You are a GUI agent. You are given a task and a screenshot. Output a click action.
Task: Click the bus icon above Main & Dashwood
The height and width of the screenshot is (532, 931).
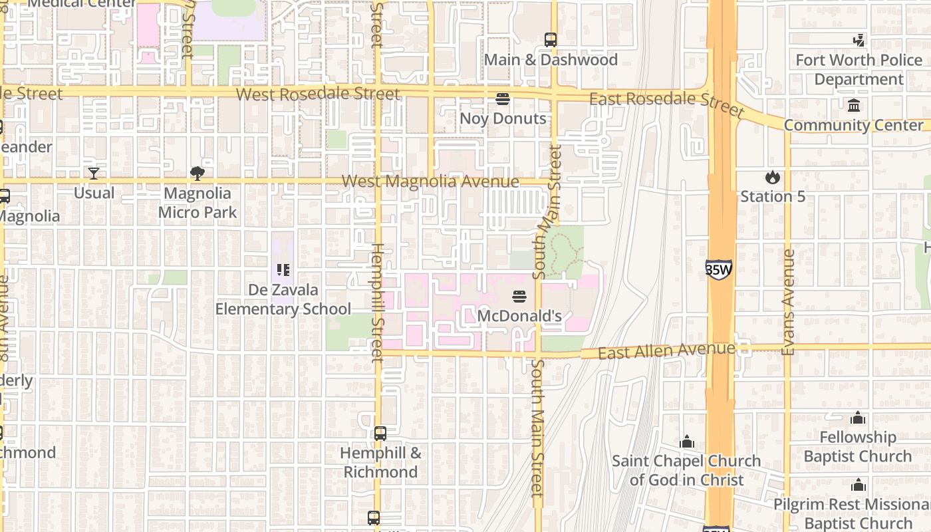550,40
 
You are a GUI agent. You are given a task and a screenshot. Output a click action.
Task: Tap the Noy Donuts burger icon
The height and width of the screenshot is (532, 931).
503,99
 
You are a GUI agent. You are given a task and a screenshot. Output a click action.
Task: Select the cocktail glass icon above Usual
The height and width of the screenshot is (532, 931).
94,174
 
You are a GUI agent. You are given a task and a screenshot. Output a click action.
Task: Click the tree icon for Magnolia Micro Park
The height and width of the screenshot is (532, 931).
197,174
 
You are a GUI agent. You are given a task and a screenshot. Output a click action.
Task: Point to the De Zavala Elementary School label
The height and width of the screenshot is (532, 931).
283,299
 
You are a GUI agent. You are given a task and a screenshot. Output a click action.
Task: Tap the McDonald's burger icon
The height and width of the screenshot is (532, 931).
519,296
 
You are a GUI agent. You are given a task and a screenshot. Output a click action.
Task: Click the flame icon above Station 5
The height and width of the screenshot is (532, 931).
772,177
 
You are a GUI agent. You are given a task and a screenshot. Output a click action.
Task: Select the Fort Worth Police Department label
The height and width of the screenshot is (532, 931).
859,70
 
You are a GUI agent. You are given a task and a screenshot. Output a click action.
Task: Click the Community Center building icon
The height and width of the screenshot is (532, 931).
854,106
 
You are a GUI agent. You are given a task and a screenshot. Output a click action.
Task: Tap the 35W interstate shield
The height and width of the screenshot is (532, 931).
718,269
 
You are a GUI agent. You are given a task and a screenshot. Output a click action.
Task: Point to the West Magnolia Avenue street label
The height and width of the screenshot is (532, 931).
430,182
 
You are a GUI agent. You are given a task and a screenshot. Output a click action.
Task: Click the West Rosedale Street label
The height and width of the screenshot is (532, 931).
318,94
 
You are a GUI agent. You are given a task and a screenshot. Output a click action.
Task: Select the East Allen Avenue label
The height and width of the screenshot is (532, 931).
666,350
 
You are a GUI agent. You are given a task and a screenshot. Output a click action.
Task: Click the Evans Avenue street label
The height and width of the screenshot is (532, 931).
789,302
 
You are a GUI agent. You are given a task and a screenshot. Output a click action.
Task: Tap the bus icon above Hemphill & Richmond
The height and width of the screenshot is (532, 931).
380,434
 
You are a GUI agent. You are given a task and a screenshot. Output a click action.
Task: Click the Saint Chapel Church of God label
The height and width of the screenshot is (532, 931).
686,469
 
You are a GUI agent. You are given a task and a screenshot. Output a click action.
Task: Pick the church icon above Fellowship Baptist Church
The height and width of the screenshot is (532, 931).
858,418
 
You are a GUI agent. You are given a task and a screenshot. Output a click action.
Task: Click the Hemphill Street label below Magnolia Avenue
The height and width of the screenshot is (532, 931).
377,303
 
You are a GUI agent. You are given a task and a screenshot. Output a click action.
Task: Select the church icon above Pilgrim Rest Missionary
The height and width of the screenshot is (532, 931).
858,485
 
